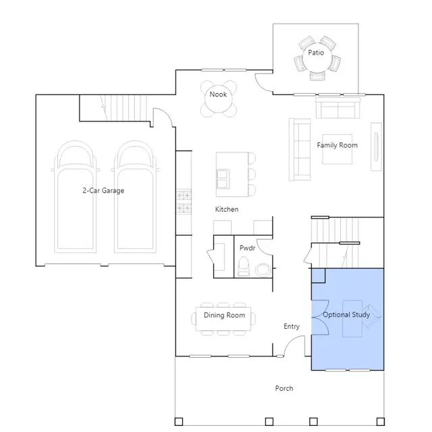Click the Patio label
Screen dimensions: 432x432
point(316,53)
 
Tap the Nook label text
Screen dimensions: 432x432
point(218,94)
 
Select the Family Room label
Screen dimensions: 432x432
point(337,145)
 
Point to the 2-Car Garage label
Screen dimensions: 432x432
point(103,190)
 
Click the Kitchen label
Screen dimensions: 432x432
point(227,209)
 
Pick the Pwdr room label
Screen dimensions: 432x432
point(247,248)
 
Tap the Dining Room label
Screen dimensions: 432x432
point(224,315)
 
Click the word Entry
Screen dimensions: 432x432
point(291,327)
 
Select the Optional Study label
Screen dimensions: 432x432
point(346,315)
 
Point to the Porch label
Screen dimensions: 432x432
point(284,389)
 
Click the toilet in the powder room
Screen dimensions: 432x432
point(243,266)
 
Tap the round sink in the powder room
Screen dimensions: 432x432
point(263,270)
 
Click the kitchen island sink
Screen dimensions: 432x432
point(223,179)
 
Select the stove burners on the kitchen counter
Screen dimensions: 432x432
point(184,202)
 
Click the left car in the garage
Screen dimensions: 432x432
point(75,196)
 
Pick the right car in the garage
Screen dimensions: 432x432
point(135,196)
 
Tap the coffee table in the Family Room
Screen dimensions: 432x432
point(337,149)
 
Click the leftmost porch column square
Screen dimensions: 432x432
point(179,421)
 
